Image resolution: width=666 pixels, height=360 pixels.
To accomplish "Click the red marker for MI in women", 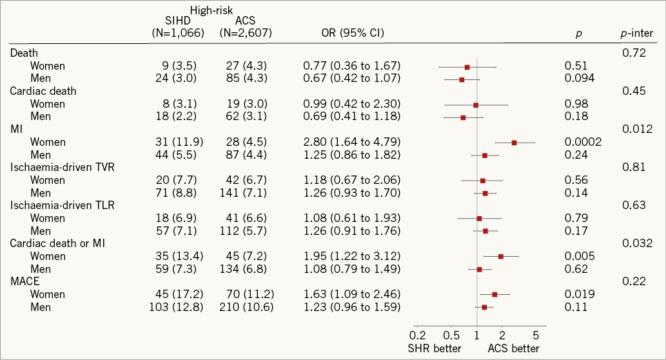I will point(514,143).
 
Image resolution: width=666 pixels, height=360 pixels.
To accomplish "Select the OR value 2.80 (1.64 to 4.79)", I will point(352,142).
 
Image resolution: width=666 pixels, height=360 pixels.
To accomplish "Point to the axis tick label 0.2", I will point(418,335).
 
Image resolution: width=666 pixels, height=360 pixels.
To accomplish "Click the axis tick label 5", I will point(535,335).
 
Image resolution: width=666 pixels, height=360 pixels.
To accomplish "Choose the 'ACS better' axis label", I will point(513,348).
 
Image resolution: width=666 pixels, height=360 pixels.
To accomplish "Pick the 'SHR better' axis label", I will point(435,348).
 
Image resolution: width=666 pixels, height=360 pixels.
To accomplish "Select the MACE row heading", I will point(24,282).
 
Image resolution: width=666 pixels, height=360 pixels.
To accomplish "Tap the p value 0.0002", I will point(583,142).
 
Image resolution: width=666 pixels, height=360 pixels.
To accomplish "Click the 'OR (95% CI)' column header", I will point(352,32).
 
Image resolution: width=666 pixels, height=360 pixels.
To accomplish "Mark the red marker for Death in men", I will point(462,79).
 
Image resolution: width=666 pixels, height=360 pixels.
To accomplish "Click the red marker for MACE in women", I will point(495,294).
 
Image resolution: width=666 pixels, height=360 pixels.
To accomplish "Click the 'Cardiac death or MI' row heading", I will point(58,243).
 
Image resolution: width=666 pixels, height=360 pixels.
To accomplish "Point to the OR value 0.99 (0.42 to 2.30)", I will point(352,104).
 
